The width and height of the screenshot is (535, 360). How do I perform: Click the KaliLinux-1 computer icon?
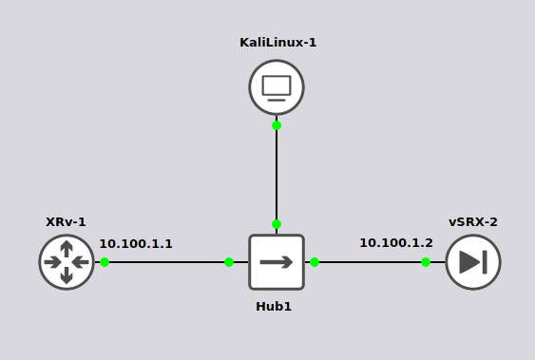tap(277, 87)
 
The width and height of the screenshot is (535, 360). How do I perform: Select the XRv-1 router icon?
tap(67, 262)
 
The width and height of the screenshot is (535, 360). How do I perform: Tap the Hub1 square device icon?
tap(277, 262)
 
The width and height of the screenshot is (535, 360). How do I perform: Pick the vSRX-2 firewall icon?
tap(473, 262)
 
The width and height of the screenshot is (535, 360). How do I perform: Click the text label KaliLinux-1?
tap(277, 43)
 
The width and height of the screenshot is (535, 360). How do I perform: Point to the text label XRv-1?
tap(67, 222)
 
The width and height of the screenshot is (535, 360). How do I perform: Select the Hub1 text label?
tap(274, 306)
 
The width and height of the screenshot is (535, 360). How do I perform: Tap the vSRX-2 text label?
tap(473, 222)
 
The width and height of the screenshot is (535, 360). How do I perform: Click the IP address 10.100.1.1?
tap(136, 244)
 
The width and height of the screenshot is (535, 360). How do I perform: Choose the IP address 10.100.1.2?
tap(395, 243)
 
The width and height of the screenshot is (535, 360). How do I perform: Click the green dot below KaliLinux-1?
tap(277, 125)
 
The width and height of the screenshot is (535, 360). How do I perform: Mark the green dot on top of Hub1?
tap(277, 224)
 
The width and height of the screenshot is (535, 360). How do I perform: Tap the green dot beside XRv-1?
tap(105, 262)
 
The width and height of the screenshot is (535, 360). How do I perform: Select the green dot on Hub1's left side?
tap(229, 262)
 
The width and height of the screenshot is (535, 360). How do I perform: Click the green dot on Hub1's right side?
tap(315, 262)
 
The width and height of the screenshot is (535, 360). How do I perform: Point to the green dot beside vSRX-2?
tap(426, 262)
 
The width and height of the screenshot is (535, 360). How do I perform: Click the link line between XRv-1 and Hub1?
tap(166, 262)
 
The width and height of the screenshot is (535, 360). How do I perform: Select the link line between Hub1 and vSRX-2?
tap(371, 262)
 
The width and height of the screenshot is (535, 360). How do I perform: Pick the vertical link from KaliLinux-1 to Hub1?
tap(277, 176)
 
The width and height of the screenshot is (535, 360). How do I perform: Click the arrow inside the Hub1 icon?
tap(277, 262)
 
